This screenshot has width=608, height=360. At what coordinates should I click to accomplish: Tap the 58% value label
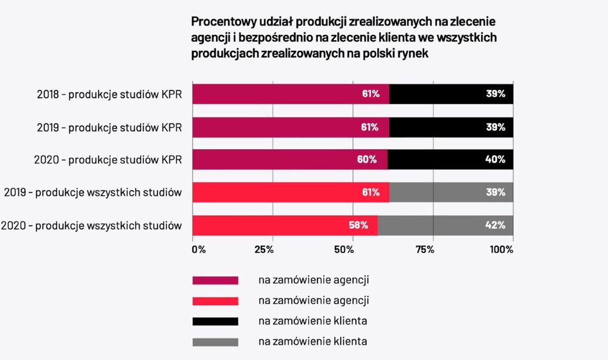pos(359,225)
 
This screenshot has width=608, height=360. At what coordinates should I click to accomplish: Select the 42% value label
pos(495,225)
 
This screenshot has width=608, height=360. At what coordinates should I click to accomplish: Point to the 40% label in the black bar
pos(495,159)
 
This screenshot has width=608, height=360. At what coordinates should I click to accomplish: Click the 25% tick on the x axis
pos(264,250)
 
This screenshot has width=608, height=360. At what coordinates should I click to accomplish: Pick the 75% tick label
pos(424,250)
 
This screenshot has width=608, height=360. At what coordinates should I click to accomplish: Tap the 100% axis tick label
pos(501,250)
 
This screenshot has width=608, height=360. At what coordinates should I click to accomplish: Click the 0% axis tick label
pos(199,250)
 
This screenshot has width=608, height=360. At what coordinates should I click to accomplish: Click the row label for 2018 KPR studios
pos(109,94)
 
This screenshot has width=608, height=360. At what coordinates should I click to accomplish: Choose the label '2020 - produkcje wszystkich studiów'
pos(91,225)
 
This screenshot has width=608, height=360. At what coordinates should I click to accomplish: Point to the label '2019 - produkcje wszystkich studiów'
pos(93,193)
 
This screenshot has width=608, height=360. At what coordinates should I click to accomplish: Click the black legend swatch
pos(215,321)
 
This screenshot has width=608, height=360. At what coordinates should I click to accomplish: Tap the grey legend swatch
pos(215,342)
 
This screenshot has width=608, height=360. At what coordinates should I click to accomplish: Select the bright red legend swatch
pos(215,301)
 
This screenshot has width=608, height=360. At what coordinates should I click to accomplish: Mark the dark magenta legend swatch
pos(215,280)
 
